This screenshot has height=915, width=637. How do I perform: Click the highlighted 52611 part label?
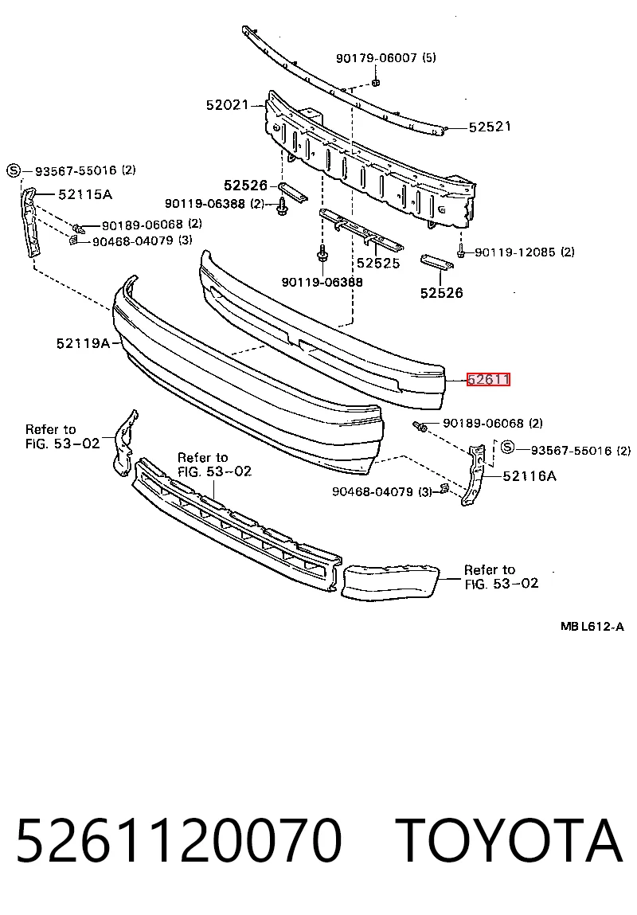pos(488,379)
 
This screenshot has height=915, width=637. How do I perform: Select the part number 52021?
pos(228,105)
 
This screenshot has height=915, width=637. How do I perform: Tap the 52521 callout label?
pos(490,127)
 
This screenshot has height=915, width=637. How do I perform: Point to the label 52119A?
pos(83,343)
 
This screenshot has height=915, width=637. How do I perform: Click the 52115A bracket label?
pos(85,194)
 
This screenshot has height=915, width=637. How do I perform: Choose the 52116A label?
pos(529,476)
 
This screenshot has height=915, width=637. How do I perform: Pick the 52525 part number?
pos(378,263)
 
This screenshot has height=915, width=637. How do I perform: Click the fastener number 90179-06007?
pos(377,58)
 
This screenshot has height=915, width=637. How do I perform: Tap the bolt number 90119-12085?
pos(515,252)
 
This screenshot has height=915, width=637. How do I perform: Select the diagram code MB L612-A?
pos(592,627)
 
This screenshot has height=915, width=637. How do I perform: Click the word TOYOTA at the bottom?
pos(510,841)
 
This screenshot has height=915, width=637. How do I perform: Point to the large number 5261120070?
pos(178,841)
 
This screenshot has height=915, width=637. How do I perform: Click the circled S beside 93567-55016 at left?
pos(14,170)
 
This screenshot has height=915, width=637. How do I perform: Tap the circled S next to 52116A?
pos(508,448)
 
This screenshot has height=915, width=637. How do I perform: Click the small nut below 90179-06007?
pos(377,81)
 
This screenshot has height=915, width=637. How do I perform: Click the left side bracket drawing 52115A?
pos(32,221)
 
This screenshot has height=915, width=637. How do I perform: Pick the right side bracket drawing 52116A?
pos(475,475)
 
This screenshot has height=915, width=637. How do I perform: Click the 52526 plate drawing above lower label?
pos(437,262)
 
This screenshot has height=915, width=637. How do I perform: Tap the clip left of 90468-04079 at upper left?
pos(74,240)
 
